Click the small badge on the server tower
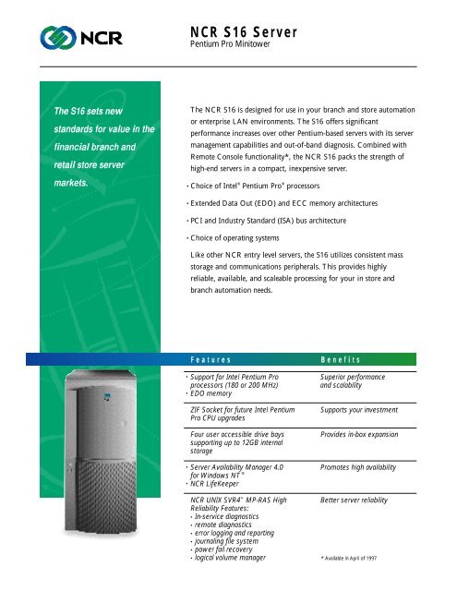105,400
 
